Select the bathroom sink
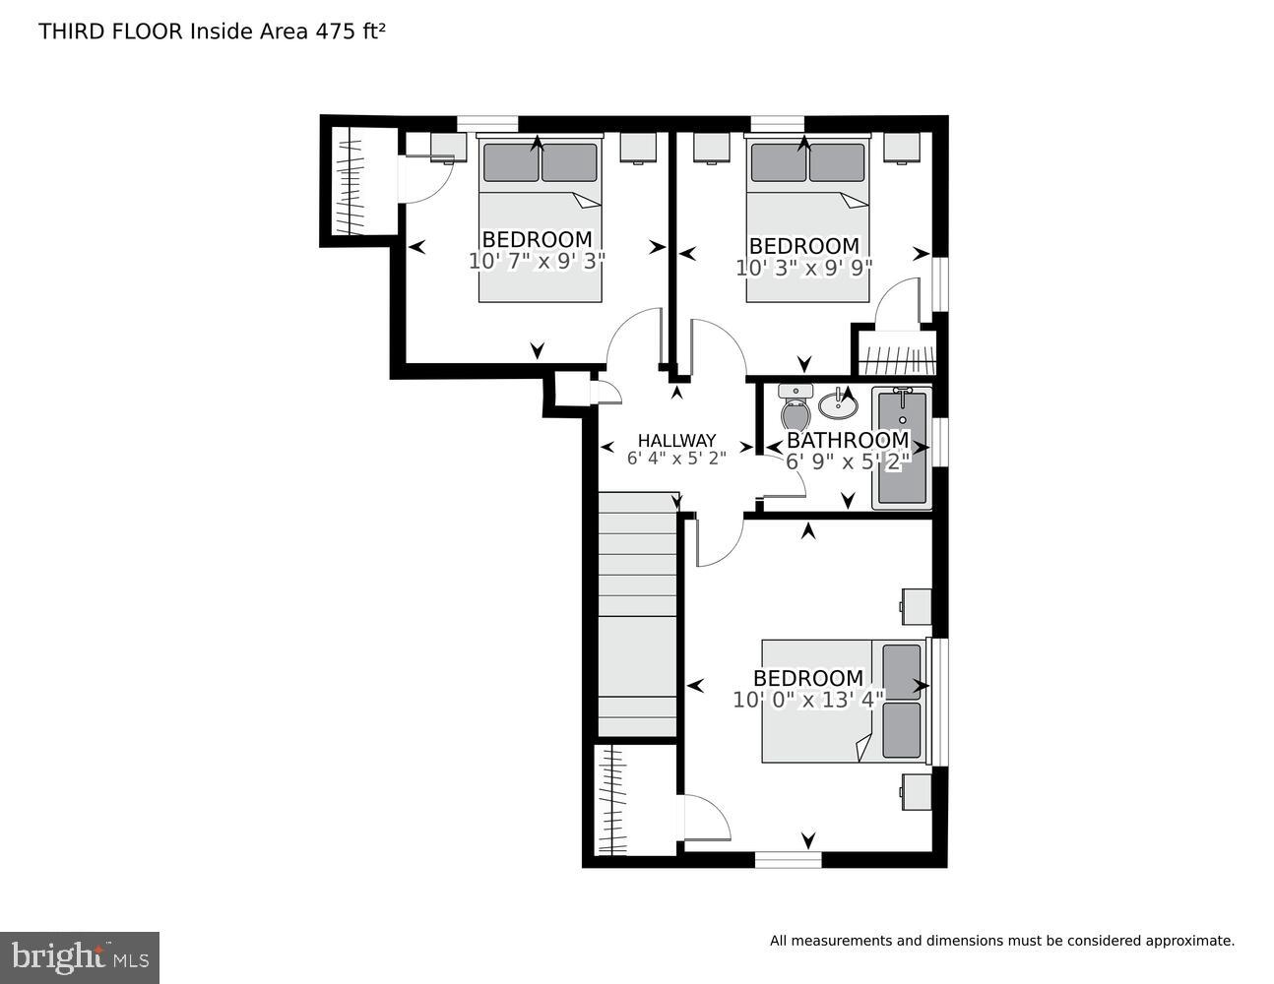coord(838,401)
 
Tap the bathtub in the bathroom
coord(901,448)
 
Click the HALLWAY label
coord(676,441)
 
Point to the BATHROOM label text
coord(847,440)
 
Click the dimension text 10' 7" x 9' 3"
coord(537,261)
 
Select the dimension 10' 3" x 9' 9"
coord(803,268)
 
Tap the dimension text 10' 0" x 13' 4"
coord(808,700)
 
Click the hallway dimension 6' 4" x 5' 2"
coord(676,458)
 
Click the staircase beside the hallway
coord(637,615)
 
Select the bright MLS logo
coord(79,956)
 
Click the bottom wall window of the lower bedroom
coord(788,859)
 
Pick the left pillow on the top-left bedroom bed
coord(510,162)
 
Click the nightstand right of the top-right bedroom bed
coord(901,147)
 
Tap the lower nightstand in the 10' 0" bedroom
coord(917,791)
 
